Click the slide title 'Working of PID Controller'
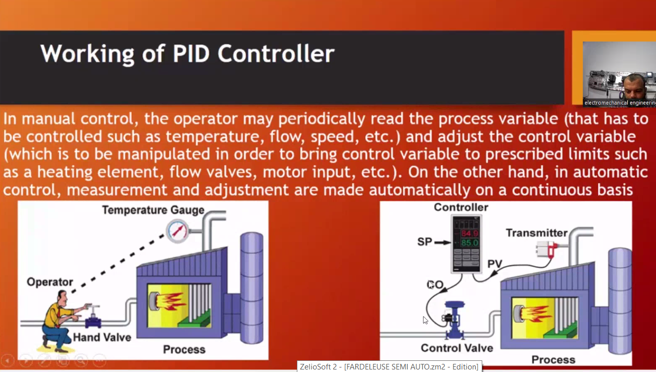[x=187, y=54]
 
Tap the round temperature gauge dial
[x=177, y=231]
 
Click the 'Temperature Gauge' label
[x=153, y=210]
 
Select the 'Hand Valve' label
[x=102, y=337]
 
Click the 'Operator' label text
[x=50, y=282]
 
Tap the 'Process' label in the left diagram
[x=184, y=349]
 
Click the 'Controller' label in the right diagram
[x=461, y=208]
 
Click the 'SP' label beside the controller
[x=425, y=242]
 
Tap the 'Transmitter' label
[x=536, y=233]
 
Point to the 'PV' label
[x=494, y=264]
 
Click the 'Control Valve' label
[x=457, y=348]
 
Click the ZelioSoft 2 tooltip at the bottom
[x=389, y=366]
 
